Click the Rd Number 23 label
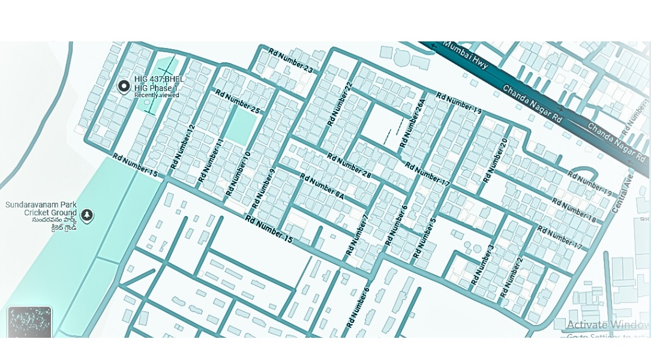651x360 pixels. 290,61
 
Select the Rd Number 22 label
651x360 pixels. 339,104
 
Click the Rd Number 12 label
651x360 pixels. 183,146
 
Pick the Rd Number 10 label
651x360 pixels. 238,173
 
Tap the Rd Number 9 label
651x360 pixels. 264,189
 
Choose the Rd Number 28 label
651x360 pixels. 349,166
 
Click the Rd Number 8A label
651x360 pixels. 322,187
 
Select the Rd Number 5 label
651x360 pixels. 424,238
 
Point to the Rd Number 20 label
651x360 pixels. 496,160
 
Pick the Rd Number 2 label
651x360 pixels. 512,277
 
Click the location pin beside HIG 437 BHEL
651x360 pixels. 124,86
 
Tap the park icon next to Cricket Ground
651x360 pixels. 88,215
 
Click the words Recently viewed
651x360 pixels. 157,95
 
